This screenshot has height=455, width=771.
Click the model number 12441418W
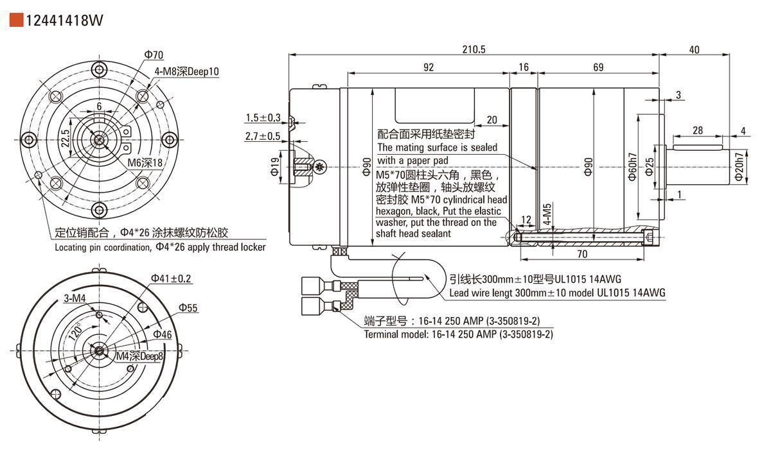[64, 21]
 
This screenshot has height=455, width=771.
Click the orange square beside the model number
[17, 21]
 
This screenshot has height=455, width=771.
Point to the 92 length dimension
[428, 67]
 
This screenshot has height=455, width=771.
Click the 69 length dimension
[598, 67]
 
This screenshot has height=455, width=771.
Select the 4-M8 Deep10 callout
[186, 72]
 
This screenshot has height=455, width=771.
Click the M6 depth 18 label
[145, 164]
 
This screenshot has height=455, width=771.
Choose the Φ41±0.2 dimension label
[171, 279]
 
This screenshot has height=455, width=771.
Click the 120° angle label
[76, 332]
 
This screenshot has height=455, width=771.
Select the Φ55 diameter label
[188, 308]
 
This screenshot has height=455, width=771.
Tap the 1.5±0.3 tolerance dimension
[262, 117]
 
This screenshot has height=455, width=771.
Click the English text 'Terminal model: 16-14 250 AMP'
[458, 334]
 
